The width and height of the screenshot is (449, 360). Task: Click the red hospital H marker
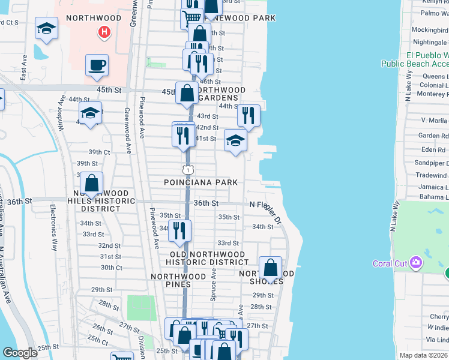click(104, 32)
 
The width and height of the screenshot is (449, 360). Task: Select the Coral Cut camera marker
click(415, 262)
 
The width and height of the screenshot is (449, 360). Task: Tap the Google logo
click(20, 353)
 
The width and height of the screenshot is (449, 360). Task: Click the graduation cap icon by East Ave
click(46, 29)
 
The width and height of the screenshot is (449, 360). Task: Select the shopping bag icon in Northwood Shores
click(271, 268)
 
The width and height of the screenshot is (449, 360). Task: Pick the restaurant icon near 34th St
click(179, 230)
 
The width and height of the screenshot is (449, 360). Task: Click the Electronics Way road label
click(53, 228)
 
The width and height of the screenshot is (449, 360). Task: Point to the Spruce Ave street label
click(213, 284)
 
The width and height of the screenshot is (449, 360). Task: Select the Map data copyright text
click(424, 356)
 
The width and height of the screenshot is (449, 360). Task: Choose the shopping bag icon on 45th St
click(187, 93)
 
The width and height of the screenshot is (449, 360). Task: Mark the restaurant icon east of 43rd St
click(249, 115)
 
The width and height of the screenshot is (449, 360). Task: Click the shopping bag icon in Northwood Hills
click(91, 183)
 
